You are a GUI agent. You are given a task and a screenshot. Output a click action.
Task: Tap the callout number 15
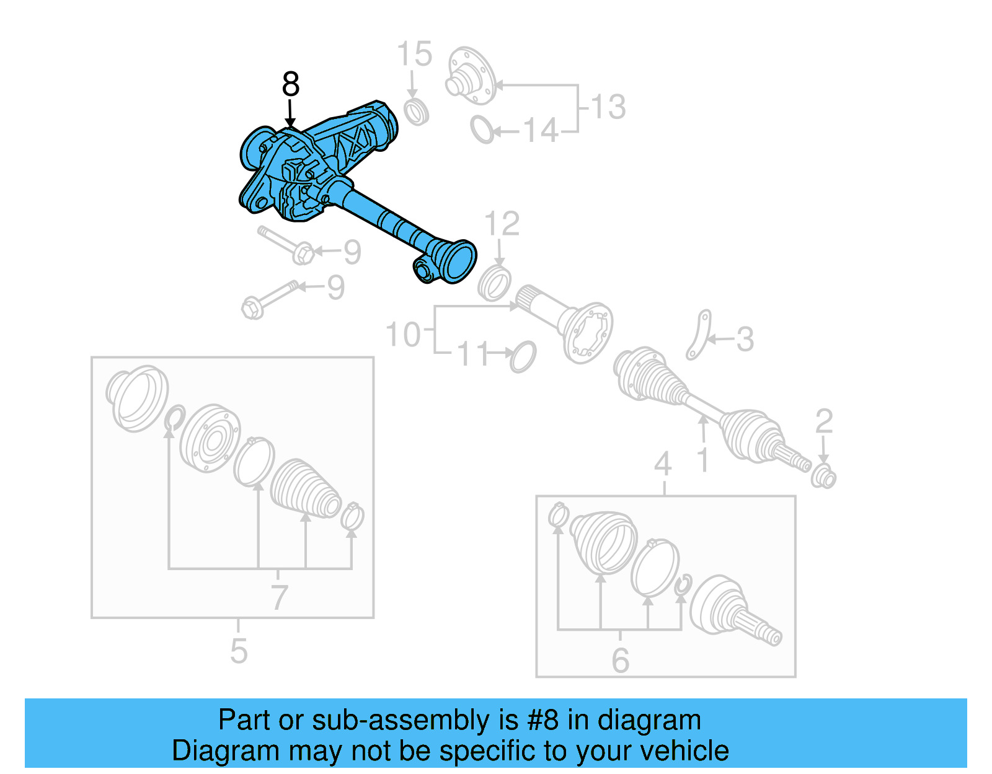(414, 55)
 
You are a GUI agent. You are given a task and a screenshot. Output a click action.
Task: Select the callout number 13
(608, 107)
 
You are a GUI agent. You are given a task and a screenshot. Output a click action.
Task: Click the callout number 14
(541, 131)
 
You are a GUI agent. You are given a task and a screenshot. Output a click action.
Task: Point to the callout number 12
(502, 224)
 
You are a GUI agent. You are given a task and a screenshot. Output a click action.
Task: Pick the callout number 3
(745, 340)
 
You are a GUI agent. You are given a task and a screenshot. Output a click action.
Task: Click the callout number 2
(823, 421)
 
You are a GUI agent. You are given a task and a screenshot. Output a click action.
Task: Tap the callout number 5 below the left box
(238, 651)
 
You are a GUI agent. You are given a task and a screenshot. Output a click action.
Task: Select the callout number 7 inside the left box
(279, 597)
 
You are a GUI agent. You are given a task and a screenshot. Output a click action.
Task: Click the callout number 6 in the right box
(620, 661)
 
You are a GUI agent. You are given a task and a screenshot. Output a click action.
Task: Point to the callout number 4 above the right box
(663, 464)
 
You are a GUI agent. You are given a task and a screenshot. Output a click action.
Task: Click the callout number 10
(403, 335)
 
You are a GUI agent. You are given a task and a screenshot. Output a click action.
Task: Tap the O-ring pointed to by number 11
(523, 356)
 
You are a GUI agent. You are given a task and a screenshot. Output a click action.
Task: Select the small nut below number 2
(824, 478)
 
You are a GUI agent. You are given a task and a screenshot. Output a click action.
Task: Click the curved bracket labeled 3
(699, 335)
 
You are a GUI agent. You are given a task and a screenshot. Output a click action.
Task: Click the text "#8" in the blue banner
(542, 720)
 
